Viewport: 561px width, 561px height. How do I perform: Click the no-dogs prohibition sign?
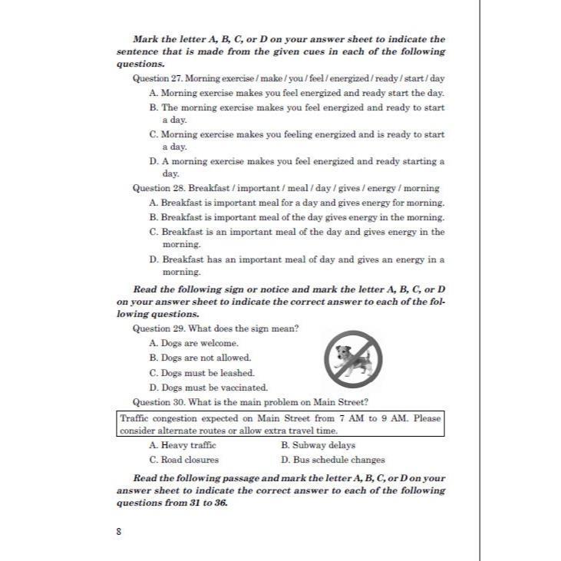pyautogui.click(x=353, y=358)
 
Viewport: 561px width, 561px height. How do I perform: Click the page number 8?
pyautogui.click(x=118, y=531)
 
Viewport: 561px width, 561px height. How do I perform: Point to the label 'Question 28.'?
pyautogui.click(x=159, y=188)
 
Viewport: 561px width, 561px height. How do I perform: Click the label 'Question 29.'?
pyautogui.click(x=159, y=328)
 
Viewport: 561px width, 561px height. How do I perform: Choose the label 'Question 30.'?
pyautogui.click(x=159, y=402)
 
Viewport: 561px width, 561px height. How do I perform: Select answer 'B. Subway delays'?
pyautogui.click(x=318, y=445)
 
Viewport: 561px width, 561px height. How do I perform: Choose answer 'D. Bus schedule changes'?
pyautogui.click(x=333, y=460)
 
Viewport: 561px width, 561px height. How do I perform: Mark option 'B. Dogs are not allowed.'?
pyautogui.click(x=200, y=358)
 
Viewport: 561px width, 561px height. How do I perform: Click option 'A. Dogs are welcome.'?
pyautogui.click(x=194, y=343)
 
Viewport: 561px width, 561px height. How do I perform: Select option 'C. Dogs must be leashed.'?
pyautogui.click(x=202, y=373)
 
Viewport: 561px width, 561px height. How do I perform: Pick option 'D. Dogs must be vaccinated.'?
pyautogui.click(x=209, y=388)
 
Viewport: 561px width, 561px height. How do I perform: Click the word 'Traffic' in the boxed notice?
pyautogui.click(x=136, y=419)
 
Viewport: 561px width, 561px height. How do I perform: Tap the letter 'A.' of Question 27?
pyautogui.click(x=153, y=93)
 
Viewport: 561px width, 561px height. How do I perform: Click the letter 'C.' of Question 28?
pyautogui.click(x=154, y=232)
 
